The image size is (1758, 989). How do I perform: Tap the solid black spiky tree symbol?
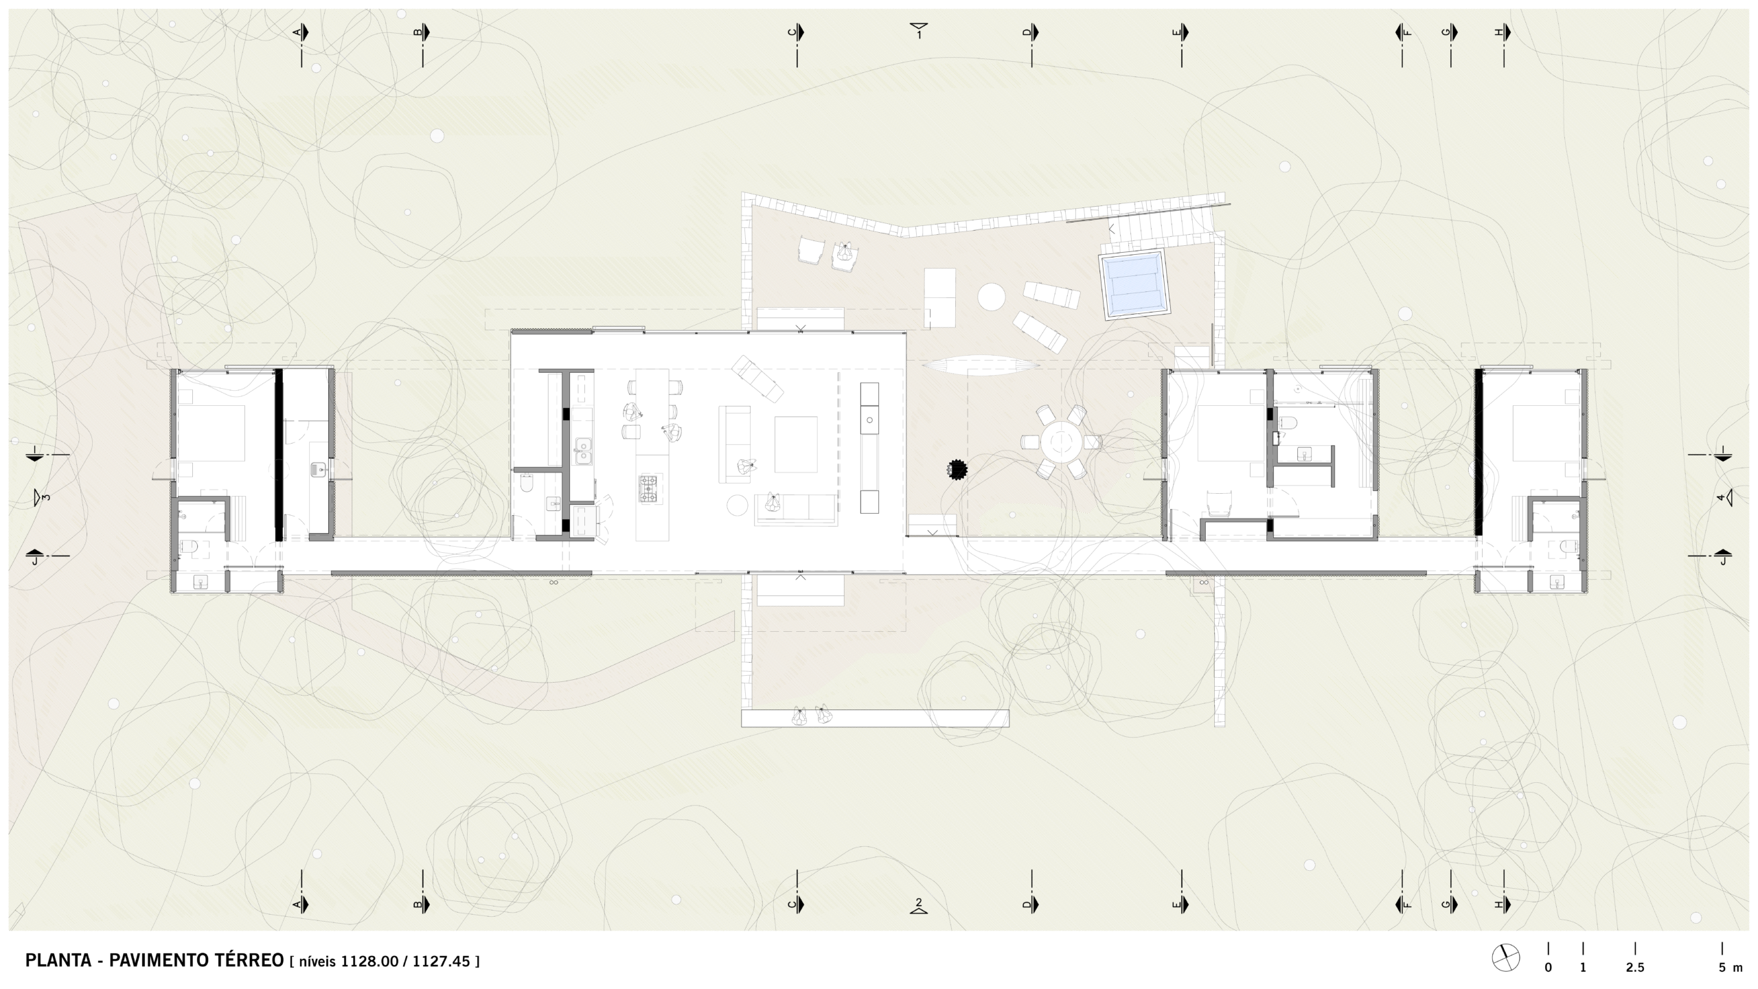coord(957,470)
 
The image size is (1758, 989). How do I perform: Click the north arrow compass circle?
coord(1505,958)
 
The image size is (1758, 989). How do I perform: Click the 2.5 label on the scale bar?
coord(1635,968)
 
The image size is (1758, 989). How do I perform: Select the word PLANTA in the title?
coord(58,960)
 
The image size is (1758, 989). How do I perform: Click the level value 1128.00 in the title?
coord(369,961)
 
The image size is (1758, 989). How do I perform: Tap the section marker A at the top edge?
coord(301,32)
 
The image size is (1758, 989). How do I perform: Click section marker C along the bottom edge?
coord(796,905)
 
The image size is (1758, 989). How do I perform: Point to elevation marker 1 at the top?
coord(919,30)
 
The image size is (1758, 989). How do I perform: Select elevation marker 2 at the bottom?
coord(919,906)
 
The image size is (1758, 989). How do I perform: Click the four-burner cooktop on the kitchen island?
coord(649,488)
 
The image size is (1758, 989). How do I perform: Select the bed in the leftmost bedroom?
coord(211,433)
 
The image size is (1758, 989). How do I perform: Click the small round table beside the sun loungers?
coord(992,297)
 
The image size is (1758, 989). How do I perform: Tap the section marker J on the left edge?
coord(34,558)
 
